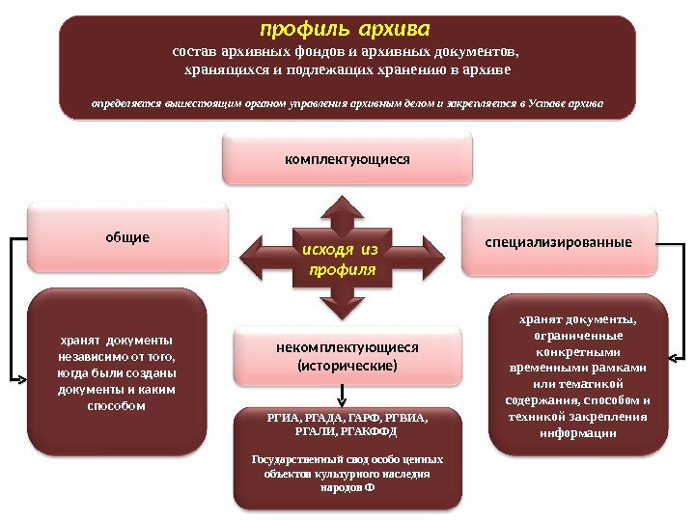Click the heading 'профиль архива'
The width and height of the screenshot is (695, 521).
pyautogui.click(x=346, y=23)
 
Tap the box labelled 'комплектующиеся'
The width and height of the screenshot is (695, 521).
pyautogui.click(x=347, y=158)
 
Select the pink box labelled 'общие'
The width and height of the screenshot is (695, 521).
pyautogui.click(x=127, y=236)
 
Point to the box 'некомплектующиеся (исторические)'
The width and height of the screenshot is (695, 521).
pyautogui.click(x=347, y=356)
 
